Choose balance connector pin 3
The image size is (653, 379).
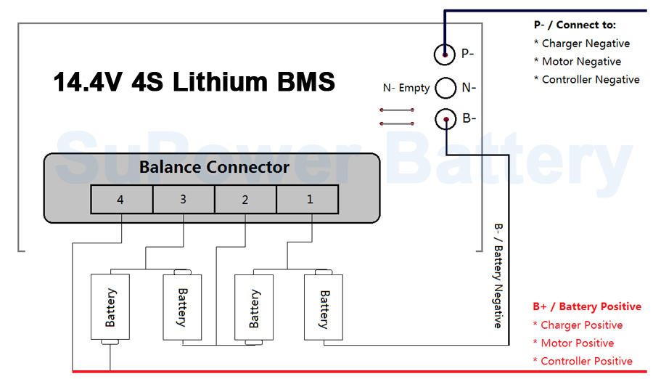point(184,199)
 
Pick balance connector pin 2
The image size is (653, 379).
point(246,199)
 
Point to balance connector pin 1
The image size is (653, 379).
point(308,199)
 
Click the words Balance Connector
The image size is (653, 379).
point(214,167)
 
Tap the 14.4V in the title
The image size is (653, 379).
point(88,81)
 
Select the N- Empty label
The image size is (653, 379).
point(406,88)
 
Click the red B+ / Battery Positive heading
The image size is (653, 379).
point(587,306)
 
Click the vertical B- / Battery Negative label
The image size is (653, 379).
point(498,276)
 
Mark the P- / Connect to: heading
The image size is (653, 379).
point(575,25)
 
